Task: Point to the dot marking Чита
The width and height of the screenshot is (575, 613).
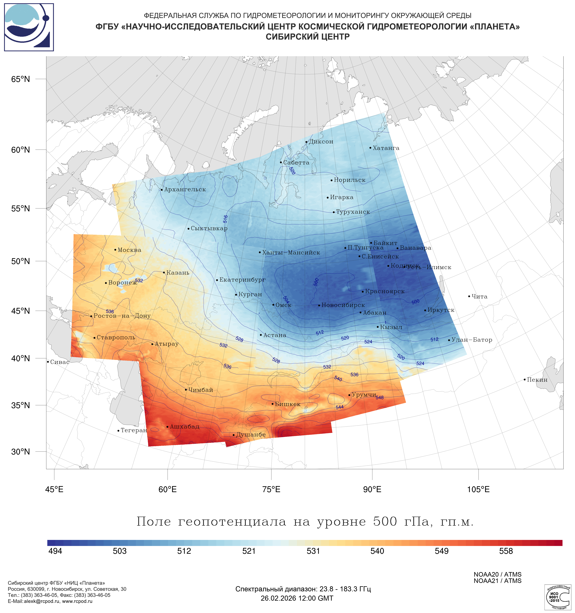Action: (x=469, y=296)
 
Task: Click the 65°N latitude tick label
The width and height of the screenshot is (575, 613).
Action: (x=21, y=79)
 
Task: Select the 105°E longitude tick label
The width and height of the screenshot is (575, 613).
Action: (x=478, y=489)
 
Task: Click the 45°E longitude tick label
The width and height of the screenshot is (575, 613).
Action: (x=54, y=489)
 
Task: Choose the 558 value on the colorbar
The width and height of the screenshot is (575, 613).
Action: (x=506, y=551)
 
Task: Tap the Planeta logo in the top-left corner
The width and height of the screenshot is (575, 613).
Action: (x=29, y=27)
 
